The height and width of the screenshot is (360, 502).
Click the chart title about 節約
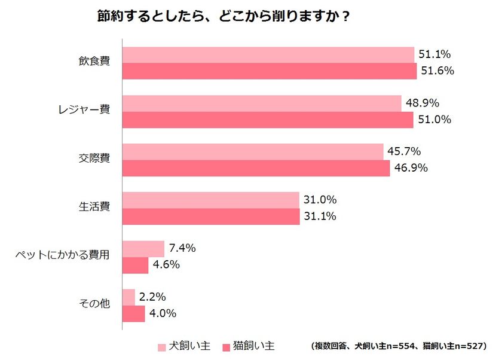[224, 16]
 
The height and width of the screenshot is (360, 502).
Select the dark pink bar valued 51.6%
[269, 71]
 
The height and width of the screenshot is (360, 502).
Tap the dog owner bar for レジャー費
[261, 103]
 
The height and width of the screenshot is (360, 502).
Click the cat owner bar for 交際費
[256, 168]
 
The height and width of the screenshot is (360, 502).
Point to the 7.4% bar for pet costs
[143, 249]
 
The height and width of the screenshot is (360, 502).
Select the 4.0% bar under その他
[133, 314]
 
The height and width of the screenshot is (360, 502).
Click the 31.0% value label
[320, 200]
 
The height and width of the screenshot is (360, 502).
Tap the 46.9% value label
[411, 168]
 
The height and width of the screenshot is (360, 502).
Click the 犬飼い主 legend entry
[184, 346]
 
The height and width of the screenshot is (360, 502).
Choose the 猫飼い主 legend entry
[249, 346]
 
